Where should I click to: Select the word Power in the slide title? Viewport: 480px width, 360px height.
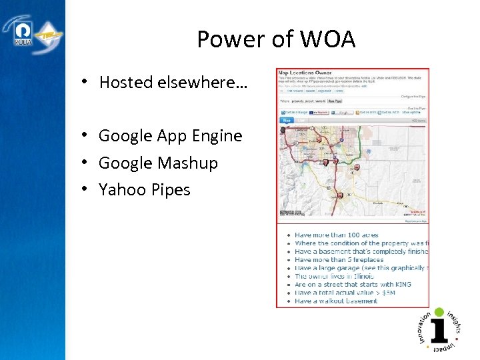(x=228, y=40)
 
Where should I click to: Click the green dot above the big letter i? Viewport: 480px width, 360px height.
(x=439, y=311)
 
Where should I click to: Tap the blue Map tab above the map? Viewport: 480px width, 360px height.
(x=286, y=121)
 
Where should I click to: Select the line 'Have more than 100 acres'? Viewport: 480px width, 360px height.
(x=336, y=235)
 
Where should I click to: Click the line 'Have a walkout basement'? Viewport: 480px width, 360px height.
(x=336, y=301)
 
